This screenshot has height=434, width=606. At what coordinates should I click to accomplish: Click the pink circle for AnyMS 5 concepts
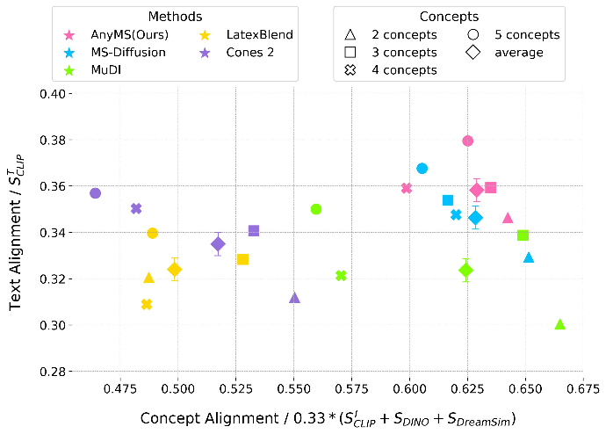[468, 141]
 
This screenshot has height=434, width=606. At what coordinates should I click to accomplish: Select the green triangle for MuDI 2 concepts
[560, 324]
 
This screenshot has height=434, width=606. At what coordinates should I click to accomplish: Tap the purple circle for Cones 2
[96, 193]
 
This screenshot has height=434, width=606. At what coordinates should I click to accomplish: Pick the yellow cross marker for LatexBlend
[147, 304]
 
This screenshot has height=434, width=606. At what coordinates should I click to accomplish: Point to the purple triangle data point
[294, 298]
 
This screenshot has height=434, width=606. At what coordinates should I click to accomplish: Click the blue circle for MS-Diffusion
[422, 168]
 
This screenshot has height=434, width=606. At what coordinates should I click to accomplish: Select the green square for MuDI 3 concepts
[523, 235]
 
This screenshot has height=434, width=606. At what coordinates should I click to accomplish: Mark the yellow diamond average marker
[175, 269]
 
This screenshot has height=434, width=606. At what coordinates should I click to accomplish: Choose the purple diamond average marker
[219, 244]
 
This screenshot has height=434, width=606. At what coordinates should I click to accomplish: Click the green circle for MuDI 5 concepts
[316, 209]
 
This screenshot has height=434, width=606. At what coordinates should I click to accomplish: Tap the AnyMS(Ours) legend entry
[119, 35]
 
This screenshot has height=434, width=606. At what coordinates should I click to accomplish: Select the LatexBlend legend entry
[251, 35]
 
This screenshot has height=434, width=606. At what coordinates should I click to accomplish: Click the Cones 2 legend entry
[242, 53]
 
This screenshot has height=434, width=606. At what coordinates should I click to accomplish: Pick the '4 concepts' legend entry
[393, 70]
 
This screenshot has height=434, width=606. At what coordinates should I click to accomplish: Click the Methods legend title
[174, 17]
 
